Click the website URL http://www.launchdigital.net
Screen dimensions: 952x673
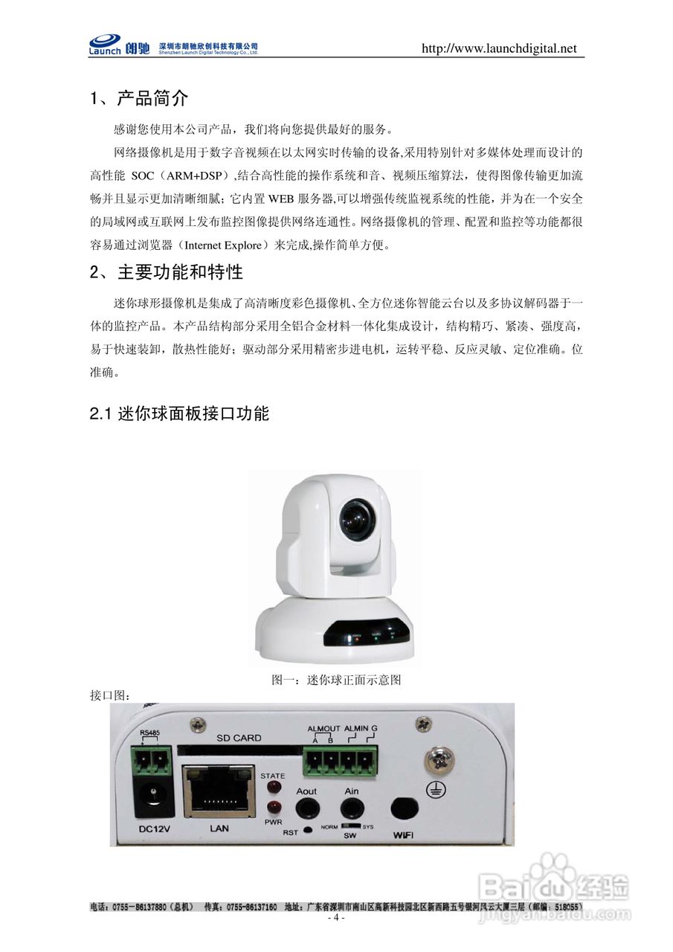coord(499,49)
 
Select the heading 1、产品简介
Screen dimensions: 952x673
coord(139,99)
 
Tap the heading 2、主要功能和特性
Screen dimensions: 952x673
coord(167,272)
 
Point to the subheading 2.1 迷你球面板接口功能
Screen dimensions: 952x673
coord(179,414)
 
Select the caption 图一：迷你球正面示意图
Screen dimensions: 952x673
coord(336,680)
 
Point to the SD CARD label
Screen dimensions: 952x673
coord(239,738)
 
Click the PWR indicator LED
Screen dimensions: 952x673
coord(273,808)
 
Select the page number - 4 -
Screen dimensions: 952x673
coord(336,918)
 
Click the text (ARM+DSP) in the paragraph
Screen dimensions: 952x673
coord(194,176)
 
